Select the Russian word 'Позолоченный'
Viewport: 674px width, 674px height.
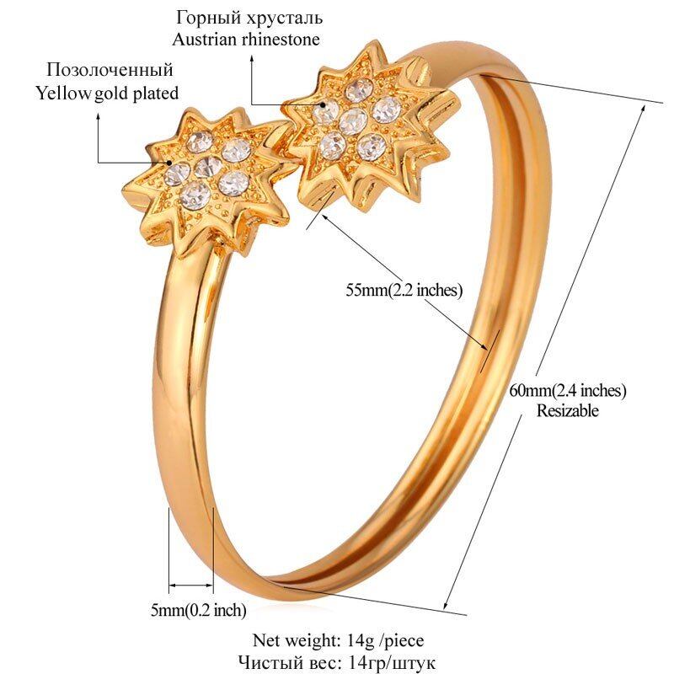110,69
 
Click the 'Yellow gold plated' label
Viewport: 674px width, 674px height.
107,93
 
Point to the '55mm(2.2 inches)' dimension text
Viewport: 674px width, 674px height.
404,291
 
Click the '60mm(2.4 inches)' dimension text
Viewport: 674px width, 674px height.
568,391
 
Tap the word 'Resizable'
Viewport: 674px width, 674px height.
568,411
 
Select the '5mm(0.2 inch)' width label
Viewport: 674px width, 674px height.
198,610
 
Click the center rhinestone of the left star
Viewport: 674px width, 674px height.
202,168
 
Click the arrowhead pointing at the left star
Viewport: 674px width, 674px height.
169,163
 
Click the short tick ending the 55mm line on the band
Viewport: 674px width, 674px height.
487,348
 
